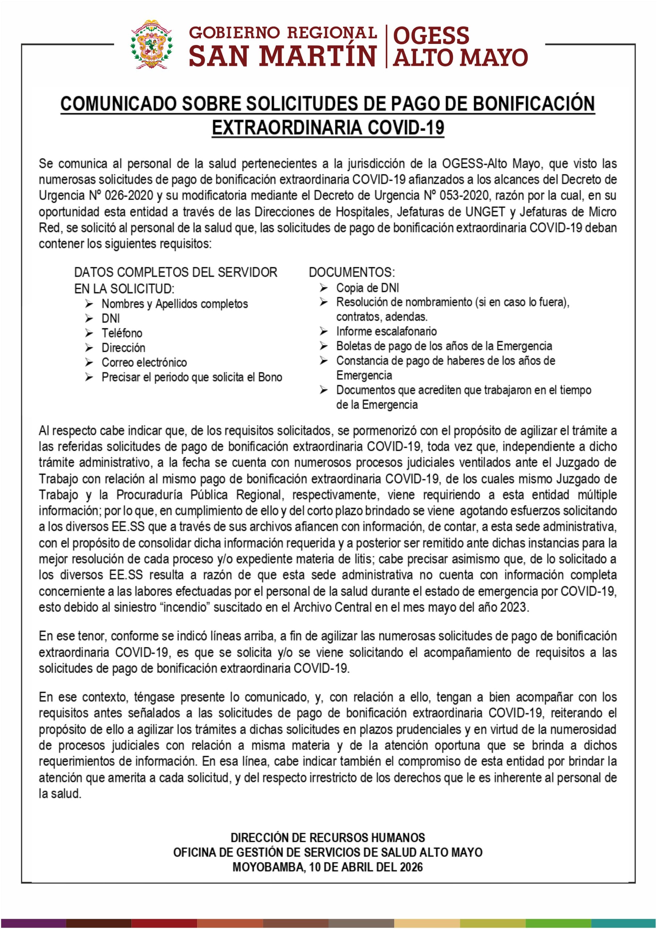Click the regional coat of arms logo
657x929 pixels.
point(151,44)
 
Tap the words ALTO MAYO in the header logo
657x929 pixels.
point(460,57)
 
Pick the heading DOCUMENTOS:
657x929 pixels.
point(351,272)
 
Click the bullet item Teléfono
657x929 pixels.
point(122,333)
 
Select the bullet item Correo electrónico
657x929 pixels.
point(144,362)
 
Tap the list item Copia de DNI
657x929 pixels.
point(367,288)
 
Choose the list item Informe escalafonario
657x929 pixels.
point(386,331)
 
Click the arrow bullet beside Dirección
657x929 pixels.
point(89,348)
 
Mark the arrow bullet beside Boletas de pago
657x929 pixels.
point(323,346)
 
